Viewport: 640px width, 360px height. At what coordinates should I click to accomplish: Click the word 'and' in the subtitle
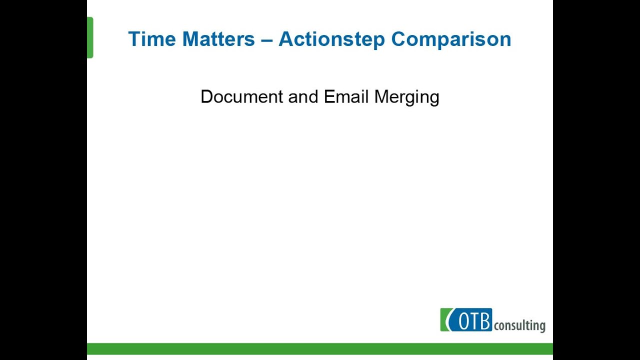coord(303,96)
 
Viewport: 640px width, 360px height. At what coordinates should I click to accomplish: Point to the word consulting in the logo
coord(519,326)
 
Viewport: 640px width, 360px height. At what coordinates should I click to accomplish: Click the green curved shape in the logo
coord(445,320)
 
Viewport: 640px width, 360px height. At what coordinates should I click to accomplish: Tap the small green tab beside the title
coord(90,37)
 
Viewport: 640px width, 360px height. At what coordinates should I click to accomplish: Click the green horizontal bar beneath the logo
coord(320,348)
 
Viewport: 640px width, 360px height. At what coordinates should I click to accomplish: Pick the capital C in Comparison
coord(399,39)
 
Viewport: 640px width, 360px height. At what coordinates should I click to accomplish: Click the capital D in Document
coord(206,96)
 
